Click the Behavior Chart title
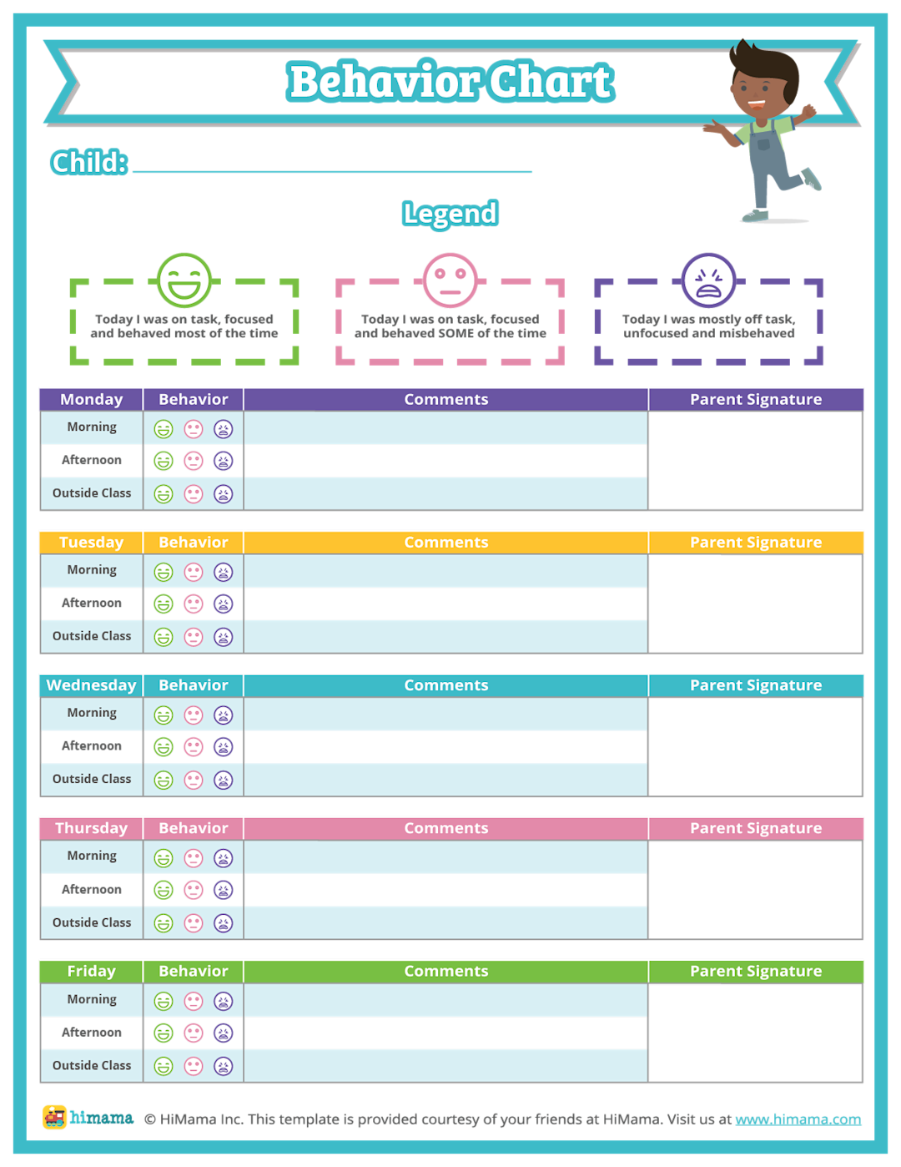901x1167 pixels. (x=450, y=82)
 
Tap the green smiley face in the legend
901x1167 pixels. (x=184, y=280)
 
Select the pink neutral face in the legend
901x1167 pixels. (x=450, y=280)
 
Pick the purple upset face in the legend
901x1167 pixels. (x=708, y=280)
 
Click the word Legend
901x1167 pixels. (x=450, y=214)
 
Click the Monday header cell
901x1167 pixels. (x=91, y=400)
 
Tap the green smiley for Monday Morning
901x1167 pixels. (x=164, y=429)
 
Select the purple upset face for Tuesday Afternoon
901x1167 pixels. (x=223, y=604)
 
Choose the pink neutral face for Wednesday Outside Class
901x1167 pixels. (x=194, y=780)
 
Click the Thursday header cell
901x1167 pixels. (x=91, y=828)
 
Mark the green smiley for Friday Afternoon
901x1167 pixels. (x=164, y=1033)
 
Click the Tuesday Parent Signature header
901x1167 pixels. (x=755, y=543)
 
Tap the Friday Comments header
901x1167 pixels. (x=445, y=972)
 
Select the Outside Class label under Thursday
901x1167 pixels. (x=92, y=922)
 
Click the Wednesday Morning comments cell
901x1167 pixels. (x=445, y=715)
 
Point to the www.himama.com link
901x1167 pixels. (x=798, y=1119)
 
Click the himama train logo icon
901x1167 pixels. (x=55, y=1117)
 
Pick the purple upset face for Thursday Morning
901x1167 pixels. (x=223, y=858)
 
